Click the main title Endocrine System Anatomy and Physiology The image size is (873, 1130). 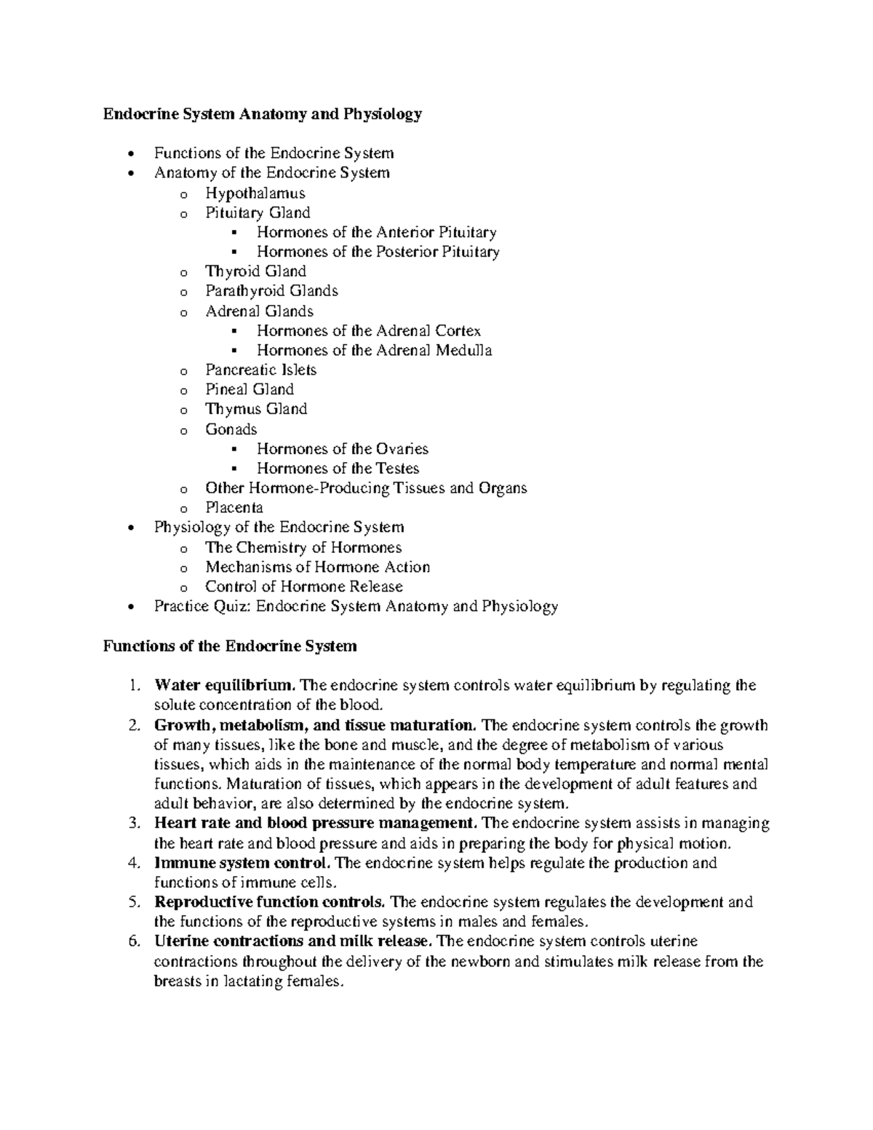(x=262, y=114)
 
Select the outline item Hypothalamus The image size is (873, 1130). (x=255, y=193)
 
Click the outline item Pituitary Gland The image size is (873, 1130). (x=258, y=212)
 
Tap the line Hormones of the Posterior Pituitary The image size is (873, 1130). (x=378, y=252)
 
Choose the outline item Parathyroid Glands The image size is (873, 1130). (x=271, y=291)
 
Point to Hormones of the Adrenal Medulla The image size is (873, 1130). (x=374, y=350)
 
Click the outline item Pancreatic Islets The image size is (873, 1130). (x=260, y=370)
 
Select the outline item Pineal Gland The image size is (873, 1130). (x=250, y=389)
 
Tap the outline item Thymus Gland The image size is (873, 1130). (x=256, y=409)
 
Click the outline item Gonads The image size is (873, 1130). (x=231, y=429)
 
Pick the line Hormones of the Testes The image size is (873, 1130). (x=338, y=469)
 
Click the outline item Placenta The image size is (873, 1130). (x=234, y=508)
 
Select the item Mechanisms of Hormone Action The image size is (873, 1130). (x=317, y=567)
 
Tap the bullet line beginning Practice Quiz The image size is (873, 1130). (x=356, y=606)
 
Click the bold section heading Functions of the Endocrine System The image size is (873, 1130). (x=230, y=646)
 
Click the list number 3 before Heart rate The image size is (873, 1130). (x=132, y=824)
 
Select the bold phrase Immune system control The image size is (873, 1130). (x=243, y=863)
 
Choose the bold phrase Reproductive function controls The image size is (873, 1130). (x=270, y=902)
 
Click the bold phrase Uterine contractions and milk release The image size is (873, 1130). (x=293, y=942)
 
